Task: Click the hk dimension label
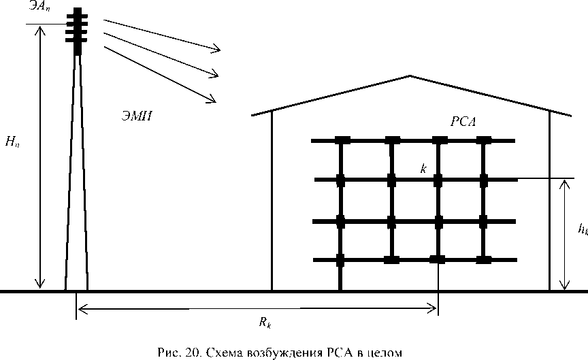coord(582,231)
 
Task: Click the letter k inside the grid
coord(423,168)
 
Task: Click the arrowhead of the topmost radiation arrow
coord(218,49)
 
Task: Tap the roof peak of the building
coord(410,76)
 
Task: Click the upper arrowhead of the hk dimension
coord(564,182)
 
